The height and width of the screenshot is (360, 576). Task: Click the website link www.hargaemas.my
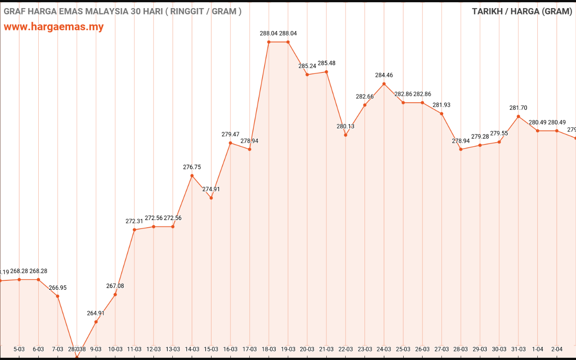point(54,27)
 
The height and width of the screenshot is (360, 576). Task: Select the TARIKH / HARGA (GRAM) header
point(522,12)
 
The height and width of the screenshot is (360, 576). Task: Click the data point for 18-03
point(269,42)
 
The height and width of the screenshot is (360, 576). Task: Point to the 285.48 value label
point(326,63)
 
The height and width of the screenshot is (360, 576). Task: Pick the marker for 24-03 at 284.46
point(384,84)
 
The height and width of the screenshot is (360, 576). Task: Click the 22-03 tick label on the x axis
point(346,349)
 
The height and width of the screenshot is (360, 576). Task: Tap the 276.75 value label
point(192,167)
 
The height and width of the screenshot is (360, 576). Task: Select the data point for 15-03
point(211,198)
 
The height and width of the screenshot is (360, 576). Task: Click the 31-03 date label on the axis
point(518,349)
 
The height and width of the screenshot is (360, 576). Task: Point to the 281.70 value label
point(518,108)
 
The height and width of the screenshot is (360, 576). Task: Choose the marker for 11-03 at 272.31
point(135,230)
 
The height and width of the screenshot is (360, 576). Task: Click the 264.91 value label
point(96,314)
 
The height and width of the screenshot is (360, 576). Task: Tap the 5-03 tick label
point(19,349)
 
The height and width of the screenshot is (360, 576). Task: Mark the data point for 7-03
point(58,296)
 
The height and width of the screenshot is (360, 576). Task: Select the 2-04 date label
point(557,349)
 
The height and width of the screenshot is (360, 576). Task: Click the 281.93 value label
point(441,105)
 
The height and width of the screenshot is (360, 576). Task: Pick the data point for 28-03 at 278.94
point(461,149)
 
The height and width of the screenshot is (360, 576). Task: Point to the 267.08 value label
point(115,286)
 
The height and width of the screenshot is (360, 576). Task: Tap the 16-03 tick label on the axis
point(230,349)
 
